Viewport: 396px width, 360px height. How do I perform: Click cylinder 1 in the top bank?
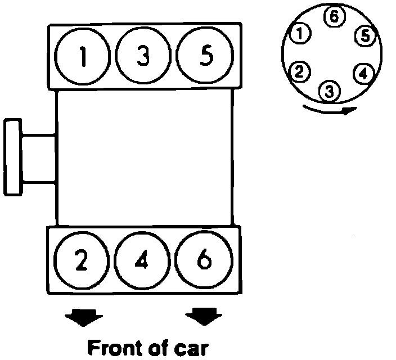coord(83,57)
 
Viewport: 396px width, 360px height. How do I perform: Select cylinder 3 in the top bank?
coord(144,57)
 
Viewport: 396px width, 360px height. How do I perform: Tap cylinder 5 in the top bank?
coord(205,57)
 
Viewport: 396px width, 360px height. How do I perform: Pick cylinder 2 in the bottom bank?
coord(82,260)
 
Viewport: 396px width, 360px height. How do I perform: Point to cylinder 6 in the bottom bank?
coord(204,260)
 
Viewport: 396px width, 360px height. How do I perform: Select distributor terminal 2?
coord(299,71)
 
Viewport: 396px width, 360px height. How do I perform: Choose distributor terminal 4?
coord(363,73)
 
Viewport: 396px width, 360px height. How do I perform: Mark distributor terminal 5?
coord(365,36)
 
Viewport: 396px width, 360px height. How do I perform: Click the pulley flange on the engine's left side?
coord(12,156)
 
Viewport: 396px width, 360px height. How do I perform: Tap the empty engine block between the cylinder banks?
coord(144,157)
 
